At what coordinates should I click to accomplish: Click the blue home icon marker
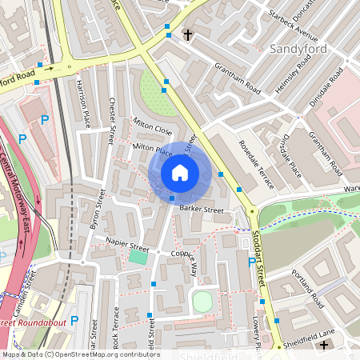tap(180, 173)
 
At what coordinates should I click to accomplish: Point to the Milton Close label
tap(152, 128)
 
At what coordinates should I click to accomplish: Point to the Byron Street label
tap(98, 210)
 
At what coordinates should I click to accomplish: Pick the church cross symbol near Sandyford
tap(188, 35)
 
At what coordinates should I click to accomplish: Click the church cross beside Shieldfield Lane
tap(323, 345)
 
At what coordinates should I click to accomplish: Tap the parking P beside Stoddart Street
tap(253, 262)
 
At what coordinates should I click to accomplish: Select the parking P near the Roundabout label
tap(74, 321)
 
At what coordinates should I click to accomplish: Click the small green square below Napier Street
tap(138, 257)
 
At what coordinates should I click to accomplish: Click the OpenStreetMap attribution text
tap(80, 354)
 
